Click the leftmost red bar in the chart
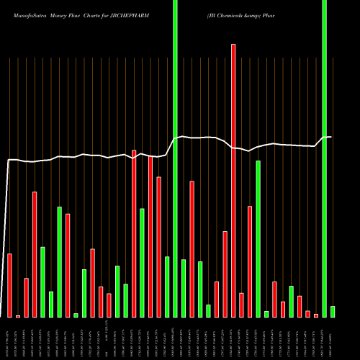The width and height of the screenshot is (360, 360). pos(10,285)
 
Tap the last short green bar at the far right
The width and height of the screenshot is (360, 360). pos(333,312)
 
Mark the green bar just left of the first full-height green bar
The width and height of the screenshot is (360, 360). pos(167,287)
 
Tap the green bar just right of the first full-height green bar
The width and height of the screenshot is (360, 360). pos(184,288)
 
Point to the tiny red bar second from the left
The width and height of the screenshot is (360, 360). pos(18,316)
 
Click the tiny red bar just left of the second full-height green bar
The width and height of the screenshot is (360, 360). pos(316,315)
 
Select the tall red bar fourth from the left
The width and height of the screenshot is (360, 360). pos(35,254)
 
